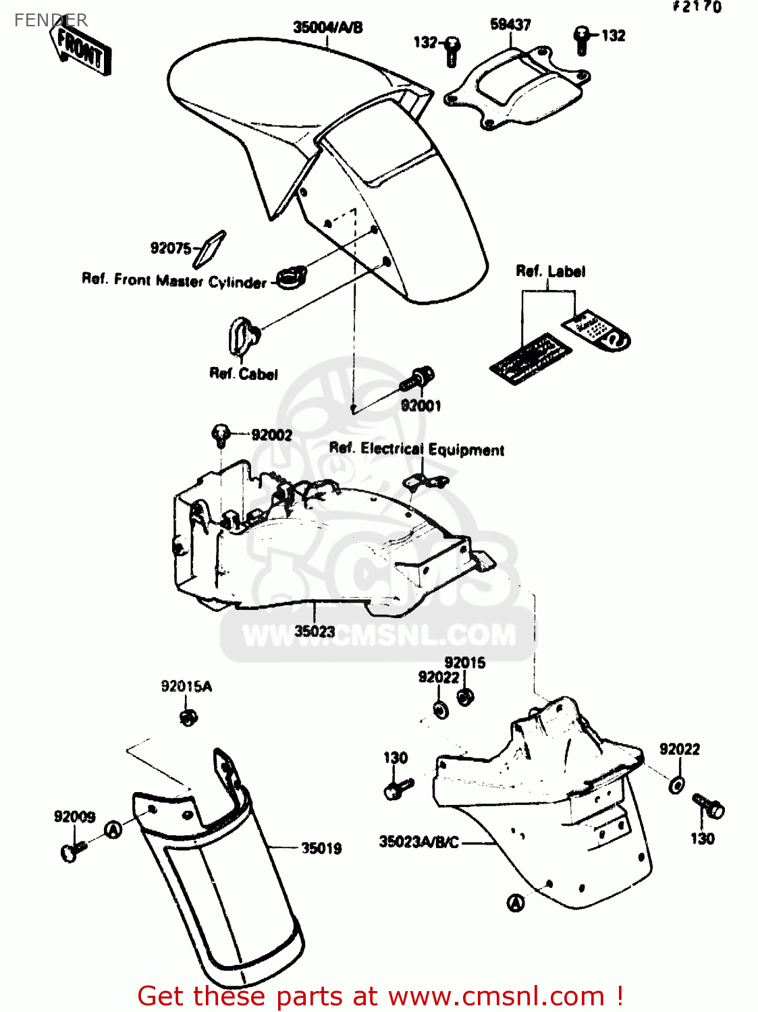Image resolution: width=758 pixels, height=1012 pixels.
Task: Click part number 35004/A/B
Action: (x=327, y=28)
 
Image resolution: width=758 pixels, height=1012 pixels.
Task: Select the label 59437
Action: (x=510, y=25)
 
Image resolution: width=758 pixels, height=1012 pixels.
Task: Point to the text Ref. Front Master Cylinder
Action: (x=174, y=280)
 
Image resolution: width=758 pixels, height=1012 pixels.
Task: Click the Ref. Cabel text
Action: (x=244, y=374)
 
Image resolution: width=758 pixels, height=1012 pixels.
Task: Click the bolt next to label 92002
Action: (x=221, y=434)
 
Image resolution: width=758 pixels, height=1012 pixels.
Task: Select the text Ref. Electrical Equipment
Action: (x=416, y=449)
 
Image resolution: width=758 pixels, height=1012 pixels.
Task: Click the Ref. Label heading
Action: (x=550, y=271)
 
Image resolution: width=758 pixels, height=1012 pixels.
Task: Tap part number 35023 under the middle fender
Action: (x=315, y=631)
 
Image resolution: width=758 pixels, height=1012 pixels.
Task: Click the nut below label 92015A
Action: (x=188, y=716)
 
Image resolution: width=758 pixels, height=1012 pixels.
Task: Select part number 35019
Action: (x=321, y=848)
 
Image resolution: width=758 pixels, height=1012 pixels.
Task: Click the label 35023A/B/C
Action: (x=418, y=842)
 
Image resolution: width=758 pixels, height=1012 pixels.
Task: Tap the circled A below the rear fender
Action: (x=516, y=903)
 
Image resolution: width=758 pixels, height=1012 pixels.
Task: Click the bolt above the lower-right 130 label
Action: (x=709, y=805)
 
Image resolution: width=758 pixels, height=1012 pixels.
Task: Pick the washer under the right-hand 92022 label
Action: (x=677, y=785)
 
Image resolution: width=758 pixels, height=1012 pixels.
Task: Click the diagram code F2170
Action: (x=697, y=7)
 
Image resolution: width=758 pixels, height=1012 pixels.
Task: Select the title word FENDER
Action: (x=51, y=20)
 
